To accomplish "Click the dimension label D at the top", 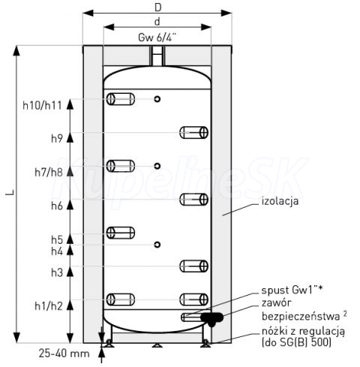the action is coord(157,8).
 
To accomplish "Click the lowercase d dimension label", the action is coord(157,22).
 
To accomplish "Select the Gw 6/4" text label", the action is coord(157,38).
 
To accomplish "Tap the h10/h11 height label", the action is coord(42,105).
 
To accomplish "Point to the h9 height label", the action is coord(57,138).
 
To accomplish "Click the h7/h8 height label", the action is coord(49,173).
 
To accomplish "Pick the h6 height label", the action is coord(57,206).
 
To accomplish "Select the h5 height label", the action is coord(57,239).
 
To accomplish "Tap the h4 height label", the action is coord(57,251).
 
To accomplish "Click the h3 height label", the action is coord(57,272).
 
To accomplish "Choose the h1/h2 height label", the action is coord(49,306).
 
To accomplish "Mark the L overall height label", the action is coord(10,193).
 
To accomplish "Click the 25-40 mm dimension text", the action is coord(64,353).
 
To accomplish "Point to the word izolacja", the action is coord(280,201).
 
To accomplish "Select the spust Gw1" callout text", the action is coord(292,290).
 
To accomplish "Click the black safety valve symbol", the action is coord(211,318).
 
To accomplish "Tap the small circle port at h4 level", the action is coord(157,245).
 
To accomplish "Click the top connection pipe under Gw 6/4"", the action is coord(157,56).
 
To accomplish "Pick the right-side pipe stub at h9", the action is coord(193,133).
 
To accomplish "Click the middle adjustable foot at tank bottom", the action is coord(157,345).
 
